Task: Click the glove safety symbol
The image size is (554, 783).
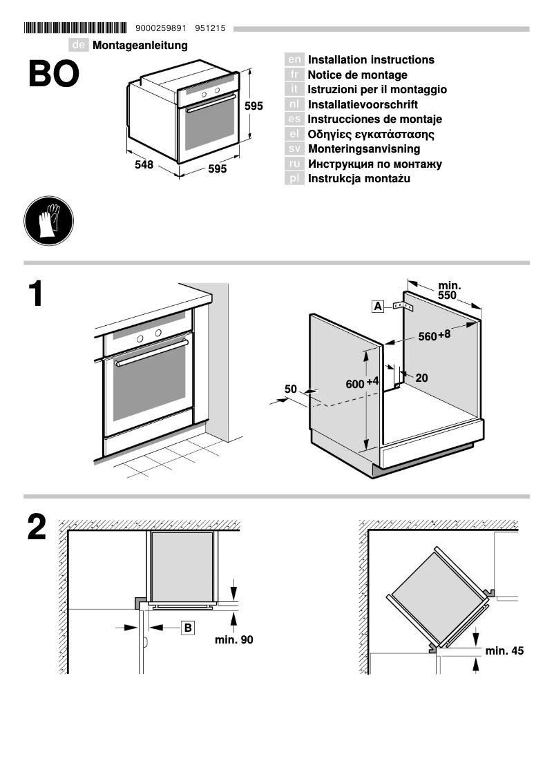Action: coord(48,220)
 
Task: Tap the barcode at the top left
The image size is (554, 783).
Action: coord(75,28)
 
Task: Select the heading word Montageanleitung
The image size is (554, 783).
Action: coord(140,46)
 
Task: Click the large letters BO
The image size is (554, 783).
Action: coord(54,75)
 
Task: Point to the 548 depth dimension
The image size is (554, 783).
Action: coord(144,166)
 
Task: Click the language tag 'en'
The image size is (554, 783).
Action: coord(294,60)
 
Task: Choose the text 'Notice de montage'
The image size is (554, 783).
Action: coord(357,75)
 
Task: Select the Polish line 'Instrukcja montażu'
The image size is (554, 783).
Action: coord(359,179)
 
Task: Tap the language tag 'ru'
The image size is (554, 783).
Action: coord(294,164)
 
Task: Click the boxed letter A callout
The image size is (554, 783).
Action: coord(378,306)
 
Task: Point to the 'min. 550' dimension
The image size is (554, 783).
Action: coord(449,290)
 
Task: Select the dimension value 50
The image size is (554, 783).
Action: coord(291,389)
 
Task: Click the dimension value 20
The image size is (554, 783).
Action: coord(421,378)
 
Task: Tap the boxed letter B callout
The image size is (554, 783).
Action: coord(188,628)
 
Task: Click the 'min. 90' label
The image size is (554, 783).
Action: coord(233,640)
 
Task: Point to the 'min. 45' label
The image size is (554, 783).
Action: coord(504,650)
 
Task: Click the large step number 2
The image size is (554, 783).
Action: coord(37,529)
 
